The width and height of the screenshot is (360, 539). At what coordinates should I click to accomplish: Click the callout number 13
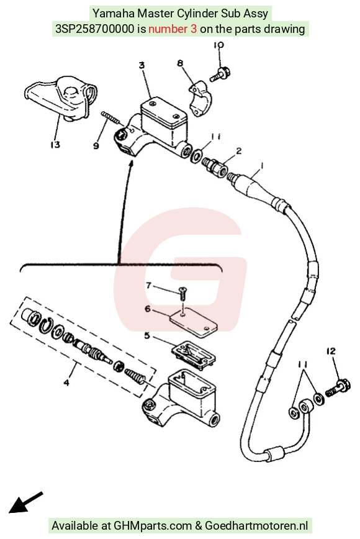pos(55,144)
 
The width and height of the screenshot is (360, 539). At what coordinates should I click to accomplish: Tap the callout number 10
pos(218,45)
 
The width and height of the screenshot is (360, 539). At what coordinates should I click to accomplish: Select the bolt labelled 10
pos(220,74)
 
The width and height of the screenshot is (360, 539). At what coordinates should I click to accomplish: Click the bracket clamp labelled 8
pos(200,98)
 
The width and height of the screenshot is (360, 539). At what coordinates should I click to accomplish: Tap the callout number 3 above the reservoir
pos(142,65)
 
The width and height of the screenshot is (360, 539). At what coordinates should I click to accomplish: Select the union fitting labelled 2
pos(214,166)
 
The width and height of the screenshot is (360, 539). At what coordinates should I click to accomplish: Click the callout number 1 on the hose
pos(262,166)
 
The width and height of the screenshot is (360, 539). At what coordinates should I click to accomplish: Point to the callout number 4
pos(66,382)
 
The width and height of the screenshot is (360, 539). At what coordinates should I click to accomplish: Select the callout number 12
pos(331,351)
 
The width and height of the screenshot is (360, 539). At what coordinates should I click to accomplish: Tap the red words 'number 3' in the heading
pos(173,29)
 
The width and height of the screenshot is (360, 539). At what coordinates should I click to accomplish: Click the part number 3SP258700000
pos(95,29)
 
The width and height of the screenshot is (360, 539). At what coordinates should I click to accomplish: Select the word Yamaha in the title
pos(114,14)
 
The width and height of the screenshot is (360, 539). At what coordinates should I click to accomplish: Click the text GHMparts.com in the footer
pos(153,526)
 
